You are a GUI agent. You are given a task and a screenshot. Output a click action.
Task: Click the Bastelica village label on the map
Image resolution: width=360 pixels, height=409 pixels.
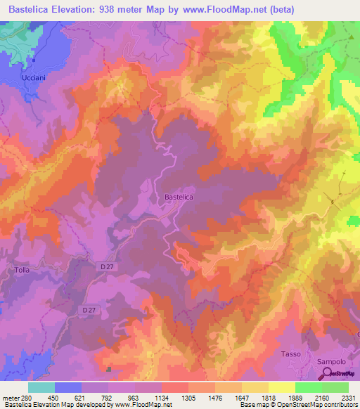(x=179, y=198)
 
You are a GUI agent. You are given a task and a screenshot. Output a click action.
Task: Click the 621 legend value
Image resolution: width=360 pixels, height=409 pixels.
(x=87, y=398)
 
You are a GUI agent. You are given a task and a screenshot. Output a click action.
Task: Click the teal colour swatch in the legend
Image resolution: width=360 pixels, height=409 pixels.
(x=41, y=387)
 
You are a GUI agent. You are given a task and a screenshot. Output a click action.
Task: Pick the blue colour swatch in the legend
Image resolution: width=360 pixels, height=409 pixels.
(x=68, y=387)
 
